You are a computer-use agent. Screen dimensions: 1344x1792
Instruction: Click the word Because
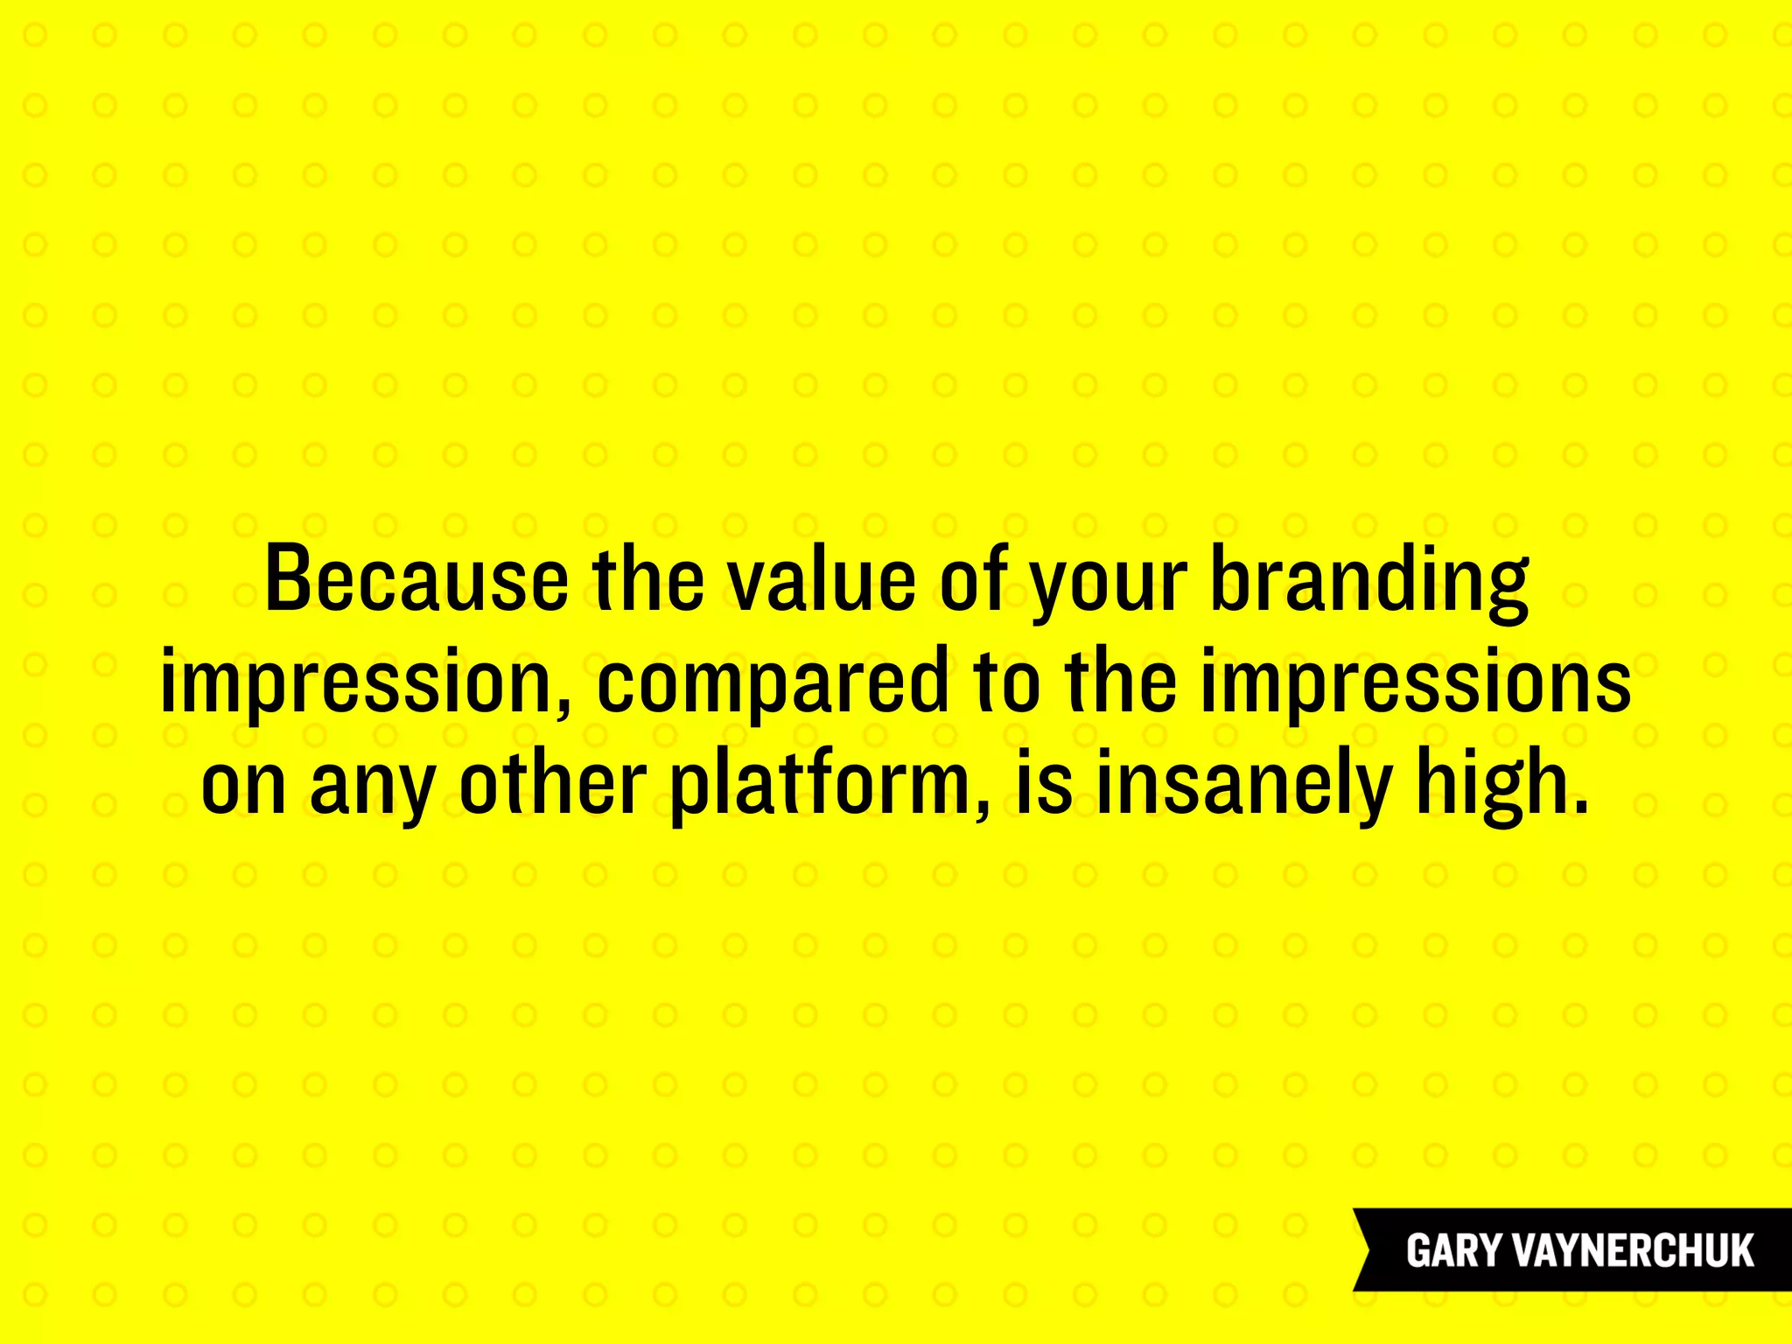(x=416, y=580)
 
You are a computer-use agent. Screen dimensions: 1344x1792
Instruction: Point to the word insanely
(x=1242, y=784)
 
